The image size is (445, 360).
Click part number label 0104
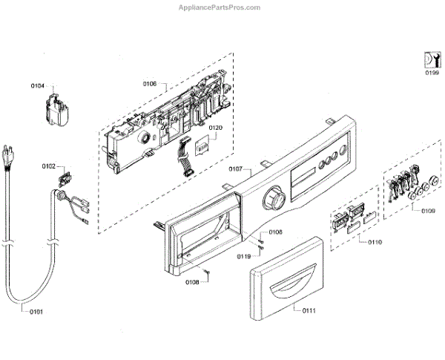38,87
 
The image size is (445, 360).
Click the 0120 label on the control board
215,128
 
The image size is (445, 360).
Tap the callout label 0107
237,168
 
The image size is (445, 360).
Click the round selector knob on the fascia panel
274,200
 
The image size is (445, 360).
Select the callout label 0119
244,256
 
